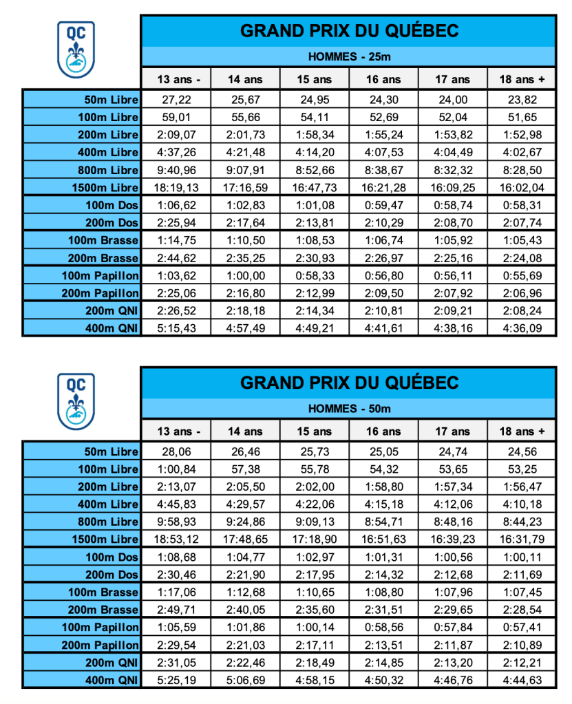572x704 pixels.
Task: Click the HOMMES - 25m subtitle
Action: tap(349, 56)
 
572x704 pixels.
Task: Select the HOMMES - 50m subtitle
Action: tap(349, 409)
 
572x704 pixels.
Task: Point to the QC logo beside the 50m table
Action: tap(76, 402)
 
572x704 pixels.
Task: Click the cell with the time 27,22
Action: tap(176, 99)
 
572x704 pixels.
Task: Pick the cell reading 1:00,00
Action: tap(245, 275)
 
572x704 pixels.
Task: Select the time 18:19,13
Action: tap(176, 187)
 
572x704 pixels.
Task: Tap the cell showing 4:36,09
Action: tap(522, 328)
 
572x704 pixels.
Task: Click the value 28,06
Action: tap(176, 451)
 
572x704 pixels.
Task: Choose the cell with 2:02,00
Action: tap(315, 487)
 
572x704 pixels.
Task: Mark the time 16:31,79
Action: tap(522, 540)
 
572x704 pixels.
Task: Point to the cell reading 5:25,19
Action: tap(176, 681)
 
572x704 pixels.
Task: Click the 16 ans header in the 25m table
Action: tap(383, 79)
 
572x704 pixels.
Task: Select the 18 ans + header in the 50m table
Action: tap(522, 431)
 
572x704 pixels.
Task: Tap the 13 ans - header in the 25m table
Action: tap(176, 79)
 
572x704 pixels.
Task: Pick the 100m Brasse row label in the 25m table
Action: tap(103, 240)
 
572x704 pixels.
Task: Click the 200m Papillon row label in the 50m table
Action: tap(100, 646)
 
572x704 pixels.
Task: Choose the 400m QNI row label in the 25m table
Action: tap(110, 328)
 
